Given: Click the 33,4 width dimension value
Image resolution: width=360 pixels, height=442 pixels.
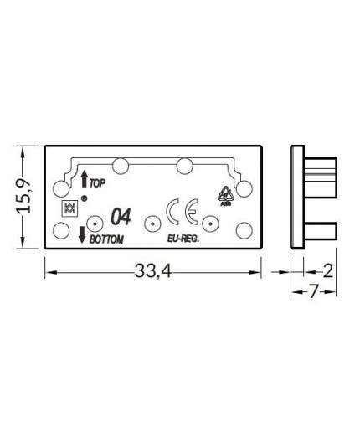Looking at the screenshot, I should [152, 271].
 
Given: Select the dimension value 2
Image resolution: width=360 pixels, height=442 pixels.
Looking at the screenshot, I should [327, 270].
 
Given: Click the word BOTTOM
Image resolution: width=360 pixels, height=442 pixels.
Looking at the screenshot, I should [106, 239].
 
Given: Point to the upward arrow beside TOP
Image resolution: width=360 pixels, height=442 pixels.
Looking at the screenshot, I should [84, 178].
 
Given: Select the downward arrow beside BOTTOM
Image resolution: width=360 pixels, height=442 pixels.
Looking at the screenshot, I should [82, 234].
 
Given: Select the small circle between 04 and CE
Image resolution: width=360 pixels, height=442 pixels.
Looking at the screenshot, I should [152, 224].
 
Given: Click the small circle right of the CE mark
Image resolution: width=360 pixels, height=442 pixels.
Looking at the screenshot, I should [211, 224].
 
